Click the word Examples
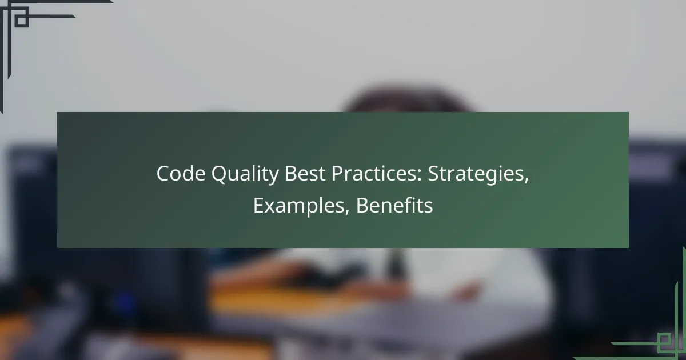tap(301, 206)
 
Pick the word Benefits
tap(394, 206)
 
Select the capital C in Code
tap(162, 174)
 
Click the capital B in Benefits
tap(361, 206)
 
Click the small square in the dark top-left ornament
tap(21, 19)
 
